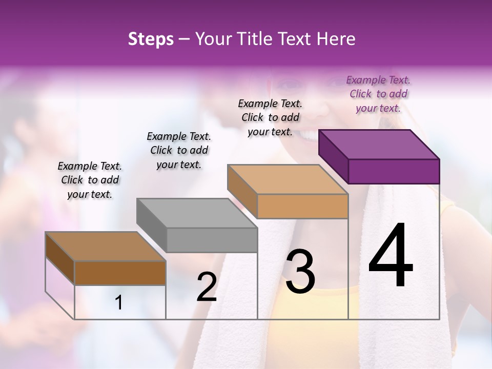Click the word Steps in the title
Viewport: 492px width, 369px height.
click(150, 39)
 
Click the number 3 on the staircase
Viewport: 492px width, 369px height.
click(300, 272)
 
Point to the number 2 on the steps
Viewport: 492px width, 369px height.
click(207, 288)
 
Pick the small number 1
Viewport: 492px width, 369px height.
click(119, 302)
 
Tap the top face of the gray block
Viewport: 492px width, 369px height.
click(197, 213)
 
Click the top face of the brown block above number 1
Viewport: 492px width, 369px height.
click(106, 247)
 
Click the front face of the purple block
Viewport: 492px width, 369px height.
click(394, 171)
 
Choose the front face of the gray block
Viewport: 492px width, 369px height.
click(212, 240)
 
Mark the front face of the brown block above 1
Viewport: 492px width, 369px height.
click(120, 273)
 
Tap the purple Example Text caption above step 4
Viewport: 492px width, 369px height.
click(378, 94)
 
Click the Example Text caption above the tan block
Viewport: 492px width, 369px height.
click(271, 117)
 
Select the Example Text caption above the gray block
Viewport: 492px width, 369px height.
click(179, 150)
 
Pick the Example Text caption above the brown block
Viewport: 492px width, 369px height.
click(90, 180)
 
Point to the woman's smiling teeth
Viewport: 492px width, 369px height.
click(309, 135)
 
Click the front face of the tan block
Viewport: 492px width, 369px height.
click(302, 206)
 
